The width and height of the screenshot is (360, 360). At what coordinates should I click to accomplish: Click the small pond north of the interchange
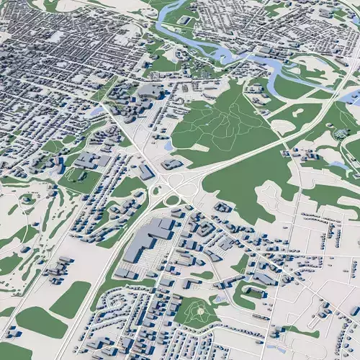(168, 146)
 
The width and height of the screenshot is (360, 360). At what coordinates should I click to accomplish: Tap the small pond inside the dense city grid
(56, 36)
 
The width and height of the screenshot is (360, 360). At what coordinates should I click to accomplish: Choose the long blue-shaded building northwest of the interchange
(147, 172)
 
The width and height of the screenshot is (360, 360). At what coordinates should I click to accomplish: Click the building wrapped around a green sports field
(252, 292)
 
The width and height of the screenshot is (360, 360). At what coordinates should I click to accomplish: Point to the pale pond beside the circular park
(220, 297)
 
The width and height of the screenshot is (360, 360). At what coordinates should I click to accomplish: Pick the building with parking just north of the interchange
(174, 164)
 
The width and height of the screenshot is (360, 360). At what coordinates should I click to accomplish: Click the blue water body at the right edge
(351, 97)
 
